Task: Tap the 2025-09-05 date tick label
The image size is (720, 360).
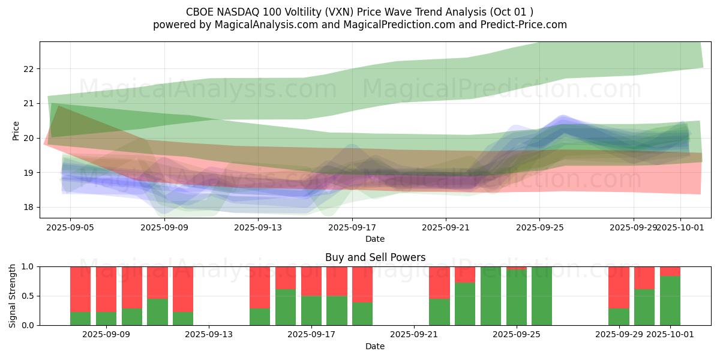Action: tap(70, 227)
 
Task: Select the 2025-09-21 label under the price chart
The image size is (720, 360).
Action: tap(445, 227)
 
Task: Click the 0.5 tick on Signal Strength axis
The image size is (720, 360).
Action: tap(28, 296)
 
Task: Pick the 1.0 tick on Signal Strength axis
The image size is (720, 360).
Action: tap(28, 267)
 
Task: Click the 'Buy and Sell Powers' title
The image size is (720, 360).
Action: tap(375, 257)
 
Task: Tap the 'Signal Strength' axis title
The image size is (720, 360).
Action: tap(13, 296)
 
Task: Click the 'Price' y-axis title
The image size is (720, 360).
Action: tap(16, 131)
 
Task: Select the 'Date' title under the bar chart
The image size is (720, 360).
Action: tap(375, 346)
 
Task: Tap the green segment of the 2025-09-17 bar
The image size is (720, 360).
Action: tap(311, 311)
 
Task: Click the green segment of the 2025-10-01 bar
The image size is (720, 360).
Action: tap(670, 301)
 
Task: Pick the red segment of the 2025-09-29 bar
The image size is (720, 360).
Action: tap(619, 287)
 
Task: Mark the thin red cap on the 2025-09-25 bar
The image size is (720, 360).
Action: tap(517, 268)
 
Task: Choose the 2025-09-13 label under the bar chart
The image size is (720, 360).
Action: tap(209, 335)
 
